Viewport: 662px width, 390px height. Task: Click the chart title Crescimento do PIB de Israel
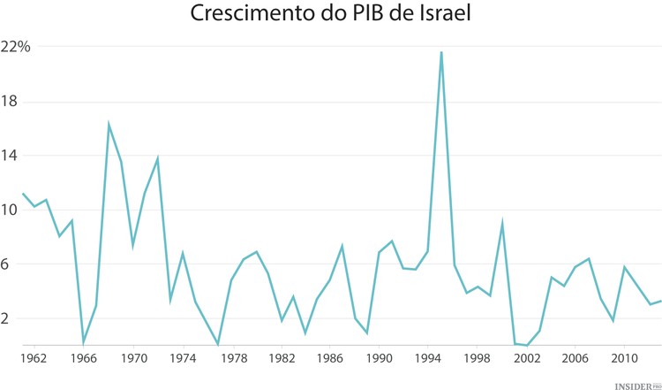pos(330,15)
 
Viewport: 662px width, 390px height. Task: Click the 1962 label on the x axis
pos(34,359)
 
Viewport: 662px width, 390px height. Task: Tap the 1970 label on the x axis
pos(133,359)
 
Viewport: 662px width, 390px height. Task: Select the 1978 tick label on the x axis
pos(232,359)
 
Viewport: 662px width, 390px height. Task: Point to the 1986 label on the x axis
pos(330,359)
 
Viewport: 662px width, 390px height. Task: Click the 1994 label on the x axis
pos(429,359)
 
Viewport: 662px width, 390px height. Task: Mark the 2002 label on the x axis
pos(528,359)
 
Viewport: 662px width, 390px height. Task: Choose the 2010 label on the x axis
pos(626,359)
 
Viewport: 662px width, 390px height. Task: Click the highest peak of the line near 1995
pos(441,52)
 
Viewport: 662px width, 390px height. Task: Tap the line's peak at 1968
pos(109,124)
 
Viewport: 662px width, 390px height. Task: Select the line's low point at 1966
pos(84,342)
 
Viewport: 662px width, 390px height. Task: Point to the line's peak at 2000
pos(502,223)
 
